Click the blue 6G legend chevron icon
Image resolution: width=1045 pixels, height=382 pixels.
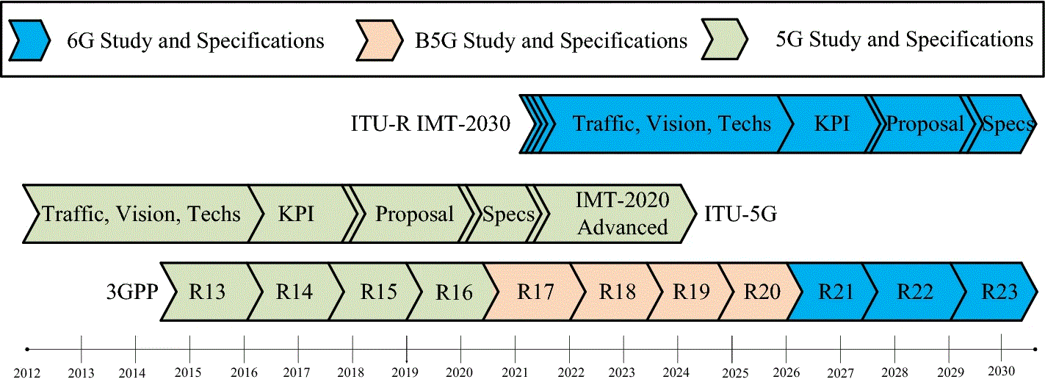coord(28,40)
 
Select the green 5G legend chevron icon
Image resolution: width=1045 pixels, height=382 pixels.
coord(723,40)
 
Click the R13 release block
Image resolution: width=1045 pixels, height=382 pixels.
coord(207,292)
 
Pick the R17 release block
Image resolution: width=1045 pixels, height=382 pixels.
coord(535,292)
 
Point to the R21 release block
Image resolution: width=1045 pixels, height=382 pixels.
coord(836,292)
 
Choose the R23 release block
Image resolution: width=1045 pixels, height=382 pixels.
coord(999,292)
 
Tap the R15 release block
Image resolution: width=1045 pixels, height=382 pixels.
coord(378,292)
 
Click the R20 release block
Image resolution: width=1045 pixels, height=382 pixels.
coord(760,292)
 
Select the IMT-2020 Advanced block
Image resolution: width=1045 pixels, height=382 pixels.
coord(621,213)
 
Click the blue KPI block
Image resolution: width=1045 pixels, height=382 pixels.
coord(831,123)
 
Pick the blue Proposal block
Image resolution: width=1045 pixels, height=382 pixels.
coord(924,123)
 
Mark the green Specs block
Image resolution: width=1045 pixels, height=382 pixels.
coord(507,214)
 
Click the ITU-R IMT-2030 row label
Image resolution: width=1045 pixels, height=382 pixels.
coord(430,123)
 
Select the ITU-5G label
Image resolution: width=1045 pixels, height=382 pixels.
coord(740,214)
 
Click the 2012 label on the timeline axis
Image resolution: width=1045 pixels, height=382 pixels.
coord(26,372)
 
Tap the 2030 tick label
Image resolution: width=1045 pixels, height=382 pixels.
coord(1002,370)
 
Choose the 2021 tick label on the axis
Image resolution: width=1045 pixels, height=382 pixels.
coord(516,372)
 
